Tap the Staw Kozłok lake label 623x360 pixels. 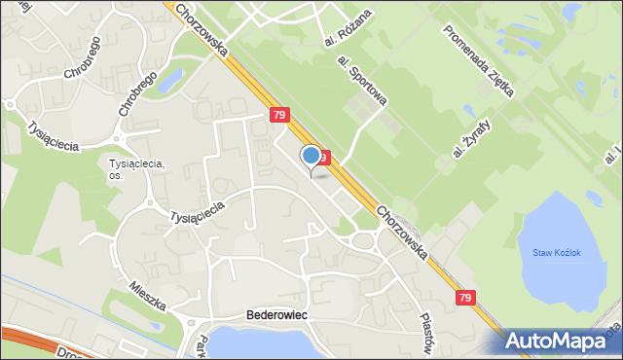[x=556, y=253]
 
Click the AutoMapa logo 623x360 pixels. [x=559, y=341]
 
